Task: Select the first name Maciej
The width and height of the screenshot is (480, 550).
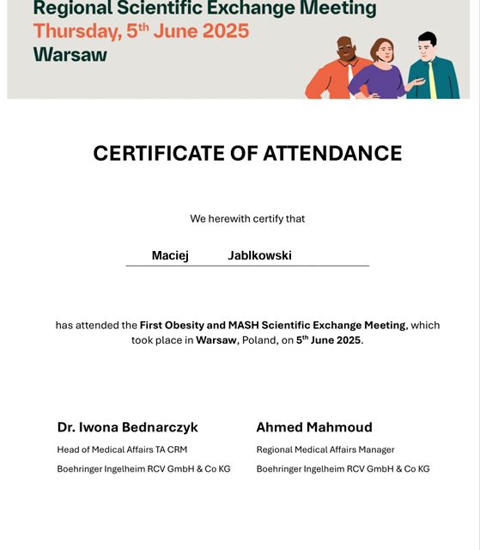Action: pyautogui.click(x=170, y=256)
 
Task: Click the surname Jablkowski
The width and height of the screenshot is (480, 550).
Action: pyautogui.click(x=259, y=256)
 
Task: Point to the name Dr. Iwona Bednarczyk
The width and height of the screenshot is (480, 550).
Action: pyautogui.click(x=128, y=427)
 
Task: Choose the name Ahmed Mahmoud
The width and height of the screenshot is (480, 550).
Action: pyautogui.click(x=314, y=427)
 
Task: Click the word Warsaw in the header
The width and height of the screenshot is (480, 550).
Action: pyautogui.click(x=70, y=54)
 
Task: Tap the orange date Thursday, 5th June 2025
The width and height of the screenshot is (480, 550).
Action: pyautogui.click(x=141, y=32)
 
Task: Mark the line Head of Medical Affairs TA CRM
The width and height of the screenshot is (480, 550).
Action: pyautogui.click(x=122, y=449)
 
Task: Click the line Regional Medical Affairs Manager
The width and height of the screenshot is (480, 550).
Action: pyautogui.click(x=325, y=449)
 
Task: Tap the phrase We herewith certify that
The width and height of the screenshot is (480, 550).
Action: pyautogui.click(x=247, y=219)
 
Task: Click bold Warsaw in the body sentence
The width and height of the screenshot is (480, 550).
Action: pyautogui.click(x=216, y=340)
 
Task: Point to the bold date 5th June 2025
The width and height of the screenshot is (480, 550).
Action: pyautogui.click(x=328, y=340)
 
